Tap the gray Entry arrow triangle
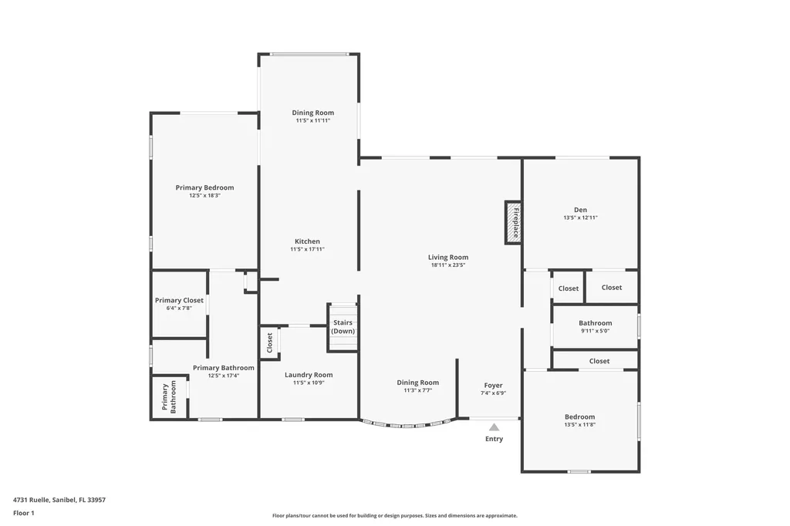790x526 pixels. [494, 427]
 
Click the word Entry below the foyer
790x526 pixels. [494, 439]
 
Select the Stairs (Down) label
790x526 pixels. [343, 326]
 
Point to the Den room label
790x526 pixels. [580, 210]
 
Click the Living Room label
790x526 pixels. [448, 258]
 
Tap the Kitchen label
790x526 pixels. [306, 241]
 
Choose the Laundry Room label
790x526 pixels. [309, 375]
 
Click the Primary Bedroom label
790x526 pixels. [204, 187]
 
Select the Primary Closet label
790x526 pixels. [179, 300]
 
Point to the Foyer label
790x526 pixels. [493, 385]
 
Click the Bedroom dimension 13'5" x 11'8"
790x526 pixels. [580, 425]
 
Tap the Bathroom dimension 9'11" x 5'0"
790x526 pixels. [595, 331]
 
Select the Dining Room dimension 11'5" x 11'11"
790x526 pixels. [312, 120]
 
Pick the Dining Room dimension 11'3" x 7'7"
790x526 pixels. [417, 390]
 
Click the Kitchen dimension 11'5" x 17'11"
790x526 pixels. [306, 249]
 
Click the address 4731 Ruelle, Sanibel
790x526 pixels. [59, 500]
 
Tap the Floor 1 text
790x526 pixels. [24, 512]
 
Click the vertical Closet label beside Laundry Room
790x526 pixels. [269, 344]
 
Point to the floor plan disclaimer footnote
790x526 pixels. [394, 516]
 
